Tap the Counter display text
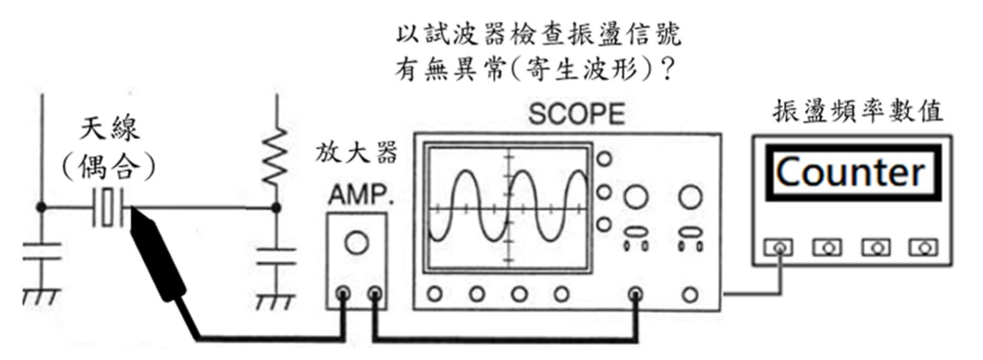tap(850, 173)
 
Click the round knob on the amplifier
tap(356, 242)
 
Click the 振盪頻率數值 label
tap(858, 112)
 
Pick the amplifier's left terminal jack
tap(342, 295)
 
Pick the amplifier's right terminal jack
tap(375, 295)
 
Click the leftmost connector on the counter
tap(779, 248)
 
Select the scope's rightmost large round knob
tap(689, 197)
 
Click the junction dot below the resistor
tap(276, 208)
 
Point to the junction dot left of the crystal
tap(41, 208)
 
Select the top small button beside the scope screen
tap(604, 159)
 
